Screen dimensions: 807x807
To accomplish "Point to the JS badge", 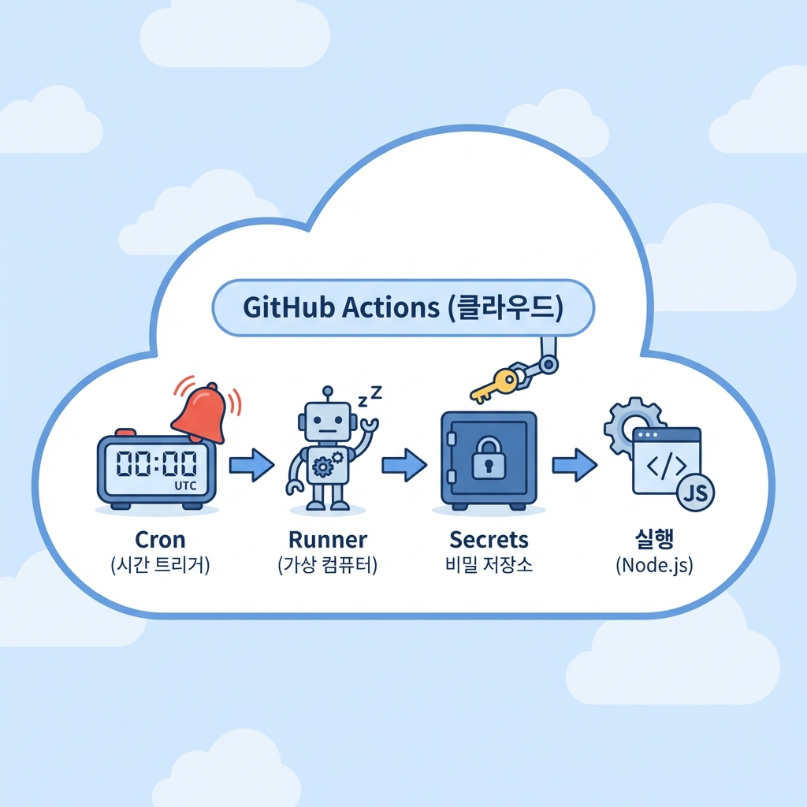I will click(x=696, y=494).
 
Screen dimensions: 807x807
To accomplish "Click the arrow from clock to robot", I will click(x=251, y=465).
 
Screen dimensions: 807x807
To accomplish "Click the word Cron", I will click(x=160, y=540).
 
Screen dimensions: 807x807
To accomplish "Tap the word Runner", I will click(x=328, y=540).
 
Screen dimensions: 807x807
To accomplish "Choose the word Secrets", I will click(x=489, y=540).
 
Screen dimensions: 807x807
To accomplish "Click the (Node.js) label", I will click(x=654, y=566).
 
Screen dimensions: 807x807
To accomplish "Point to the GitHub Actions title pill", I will click(x=403, y=307).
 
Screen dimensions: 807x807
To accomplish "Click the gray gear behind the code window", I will click(x=626, y=426).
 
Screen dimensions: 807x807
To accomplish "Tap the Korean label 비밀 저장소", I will click(x=489, y=566).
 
